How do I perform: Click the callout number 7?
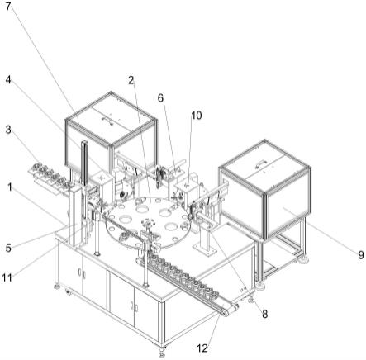pyautogui.click(x=8, y=6)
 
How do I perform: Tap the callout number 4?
pyautogui.click(x=8, y=80)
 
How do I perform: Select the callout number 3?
pyautogui.click(x=8, y=130)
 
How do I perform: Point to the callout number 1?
pyautogui.click(x=10, y=187)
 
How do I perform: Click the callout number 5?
pyautogui.click(x=8, y=249)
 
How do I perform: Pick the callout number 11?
pyautogui.click(x=7, y=277)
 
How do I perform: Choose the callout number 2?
pyautogui.click(x=131, y=80)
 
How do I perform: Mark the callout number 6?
pyautogui.click(x=160, y=97)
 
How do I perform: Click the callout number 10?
pyautogui.click(x=197, y=116)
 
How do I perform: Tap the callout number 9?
pyautogui.click(x=361, y=255)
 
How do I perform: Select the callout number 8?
pyautogui.click(x=264, y=314)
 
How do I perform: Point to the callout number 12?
pyautogui.click(x=202, y=348)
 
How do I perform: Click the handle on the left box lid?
pyautogui.click(x=107, y=121)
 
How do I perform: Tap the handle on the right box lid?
pyautogui.click(x=260, y=164)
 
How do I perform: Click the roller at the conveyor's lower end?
pyautogui.click(x=226, y=312)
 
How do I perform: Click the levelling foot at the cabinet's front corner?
pyautogui.click(x=161, y=350)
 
